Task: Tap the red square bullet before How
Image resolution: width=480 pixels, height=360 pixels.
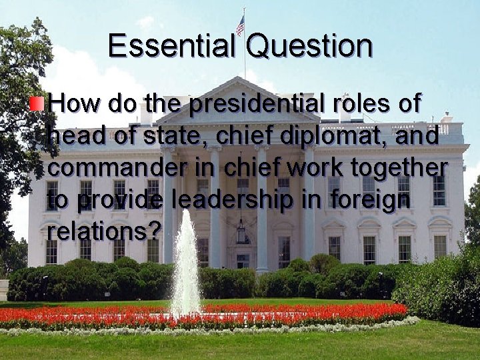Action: (x=41, y=103)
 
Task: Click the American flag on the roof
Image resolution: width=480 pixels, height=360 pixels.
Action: (x=240, y=25)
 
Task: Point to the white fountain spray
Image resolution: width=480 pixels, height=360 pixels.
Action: (x=186, y=267)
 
